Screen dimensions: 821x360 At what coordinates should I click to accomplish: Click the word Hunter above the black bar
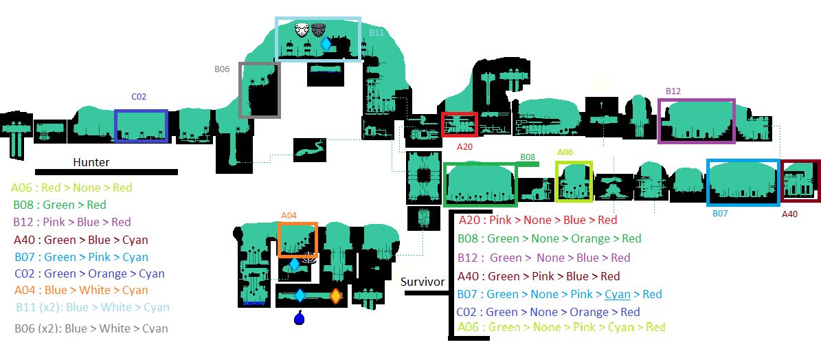point(91,162)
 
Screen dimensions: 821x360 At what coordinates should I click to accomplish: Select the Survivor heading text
point(423,282)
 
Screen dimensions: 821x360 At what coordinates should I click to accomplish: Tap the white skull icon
point(302,30)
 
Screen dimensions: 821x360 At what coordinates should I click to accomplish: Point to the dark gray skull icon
point(318,30)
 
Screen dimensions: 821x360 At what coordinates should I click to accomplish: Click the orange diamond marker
point(336,295)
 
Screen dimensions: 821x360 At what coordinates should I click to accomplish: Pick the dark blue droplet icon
point(299,317)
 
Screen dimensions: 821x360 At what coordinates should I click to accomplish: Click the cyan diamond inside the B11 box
point(326,44)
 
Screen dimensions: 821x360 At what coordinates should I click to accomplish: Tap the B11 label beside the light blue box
point(376,32)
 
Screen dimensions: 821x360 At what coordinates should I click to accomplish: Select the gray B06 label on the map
point(222,69)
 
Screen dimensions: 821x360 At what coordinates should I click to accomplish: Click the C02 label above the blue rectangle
point(139,97)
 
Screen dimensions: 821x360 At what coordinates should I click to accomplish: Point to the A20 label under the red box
point(465,147)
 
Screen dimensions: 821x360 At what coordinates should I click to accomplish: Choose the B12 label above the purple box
point(673,91)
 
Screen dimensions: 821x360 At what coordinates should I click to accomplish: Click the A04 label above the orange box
point(289,216)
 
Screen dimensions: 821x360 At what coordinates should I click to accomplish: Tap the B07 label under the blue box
point(720,214)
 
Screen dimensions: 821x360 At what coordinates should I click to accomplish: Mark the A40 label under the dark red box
point(789,214)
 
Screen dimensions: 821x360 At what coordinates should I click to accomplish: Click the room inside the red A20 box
point(460,125)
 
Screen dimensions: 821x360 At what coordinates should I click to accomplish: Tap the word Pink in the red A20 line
point(501,221)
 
